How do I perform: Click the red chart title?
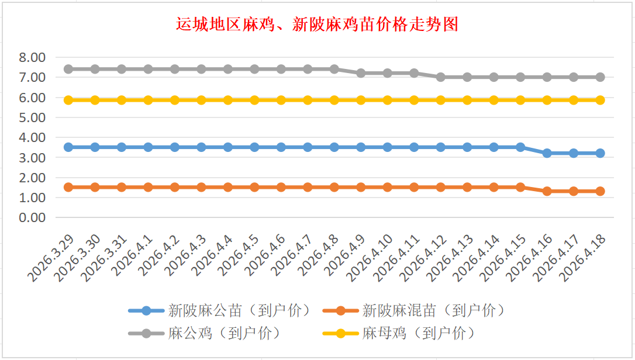click(317, 25)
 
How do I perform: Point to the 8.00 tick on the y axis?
click(32, 57)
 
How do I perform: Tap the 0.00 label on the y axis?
click(32, 217)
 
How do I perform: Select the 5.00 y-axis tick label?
click(32, 117)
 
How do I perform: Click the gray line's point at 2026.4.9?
click(361, 73)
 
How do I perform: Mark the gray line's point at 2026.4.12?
click(441, 77)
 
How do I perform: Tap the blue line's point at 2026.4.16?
click(547, 153)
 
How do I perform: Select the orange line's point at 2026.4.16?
click(547, 191)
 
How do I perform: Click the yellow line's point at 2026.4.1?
click(149, 100)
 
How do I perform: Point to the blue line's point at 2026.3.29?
click(68, 147)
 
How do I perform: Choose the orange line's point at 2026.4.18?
click(600, 191)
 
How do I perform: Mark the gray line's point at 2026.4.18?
click(600, 77)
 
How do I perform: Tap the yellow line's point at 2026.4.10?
click(388, 100)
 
